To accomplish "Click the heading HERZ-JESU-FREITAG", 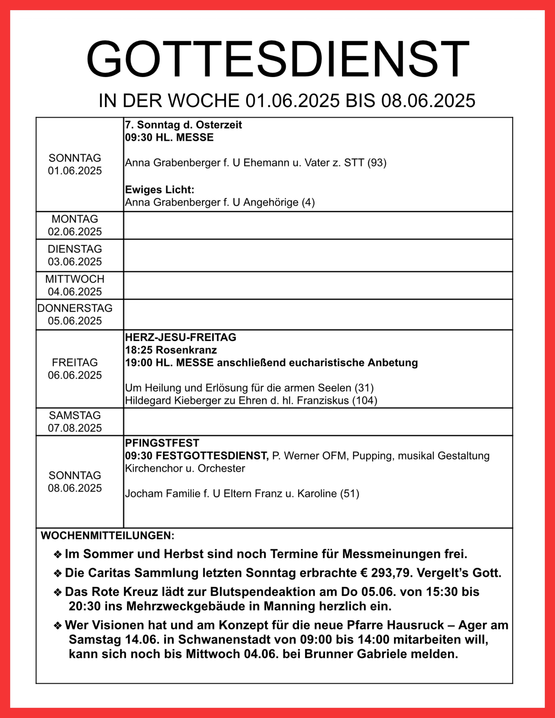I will pos(181,337).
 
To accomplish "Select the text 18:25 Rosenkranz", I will pos(171,350).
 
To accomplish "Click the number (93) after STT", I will pos(377,163).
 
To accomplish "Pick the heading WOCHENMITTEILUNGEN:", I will pos(108,536).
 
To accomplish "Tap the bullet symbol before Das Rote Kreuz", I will pos(58,592).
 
